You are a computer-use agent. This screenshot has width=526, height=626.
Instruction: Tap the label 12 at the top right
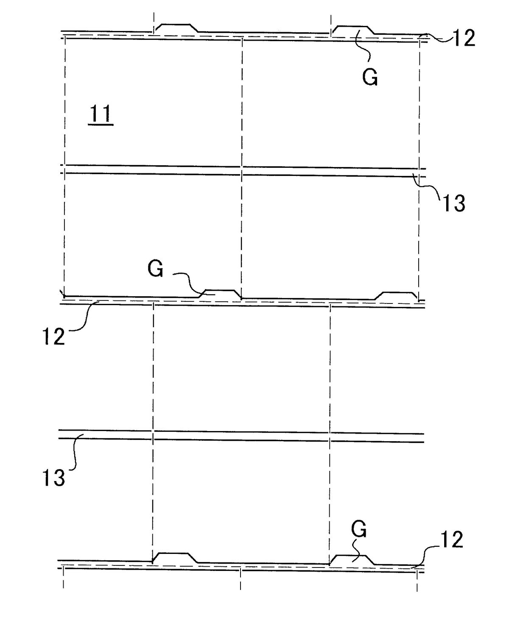coord(464,39)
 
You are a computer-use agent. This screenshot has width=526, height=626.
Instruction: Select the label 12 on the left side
coord(53,337)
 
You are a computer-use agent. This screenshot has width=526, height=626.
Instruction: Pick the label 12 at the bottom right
coord(451,540)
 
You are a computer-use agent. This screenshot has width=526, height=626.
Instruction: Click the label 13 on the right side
coord(454,203)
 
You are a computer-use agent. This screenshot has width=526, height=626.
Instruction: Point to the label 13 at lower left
coord(53,478)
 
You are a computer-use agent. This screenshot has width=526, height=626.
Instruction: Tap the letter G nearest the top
coord(370,78)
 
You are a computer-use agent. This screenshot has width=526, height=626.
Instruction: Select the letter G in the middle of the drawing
coord(156,269)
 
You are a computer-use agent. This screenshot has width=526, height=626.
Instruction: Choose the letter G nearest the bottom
coord(359,530)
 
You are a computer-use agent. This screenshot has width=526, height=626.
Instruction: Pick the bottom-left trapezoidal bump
coord(174,557)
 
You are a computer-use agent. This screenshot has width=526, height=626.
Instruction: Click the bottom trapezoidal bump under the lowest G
coord(352,559)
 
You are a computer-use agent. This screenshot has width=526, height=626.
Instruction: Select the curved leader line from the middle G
coord(189,281)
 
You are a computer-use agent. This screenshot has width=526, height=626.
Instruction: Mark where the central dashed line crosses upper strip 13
coord(241,171)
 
